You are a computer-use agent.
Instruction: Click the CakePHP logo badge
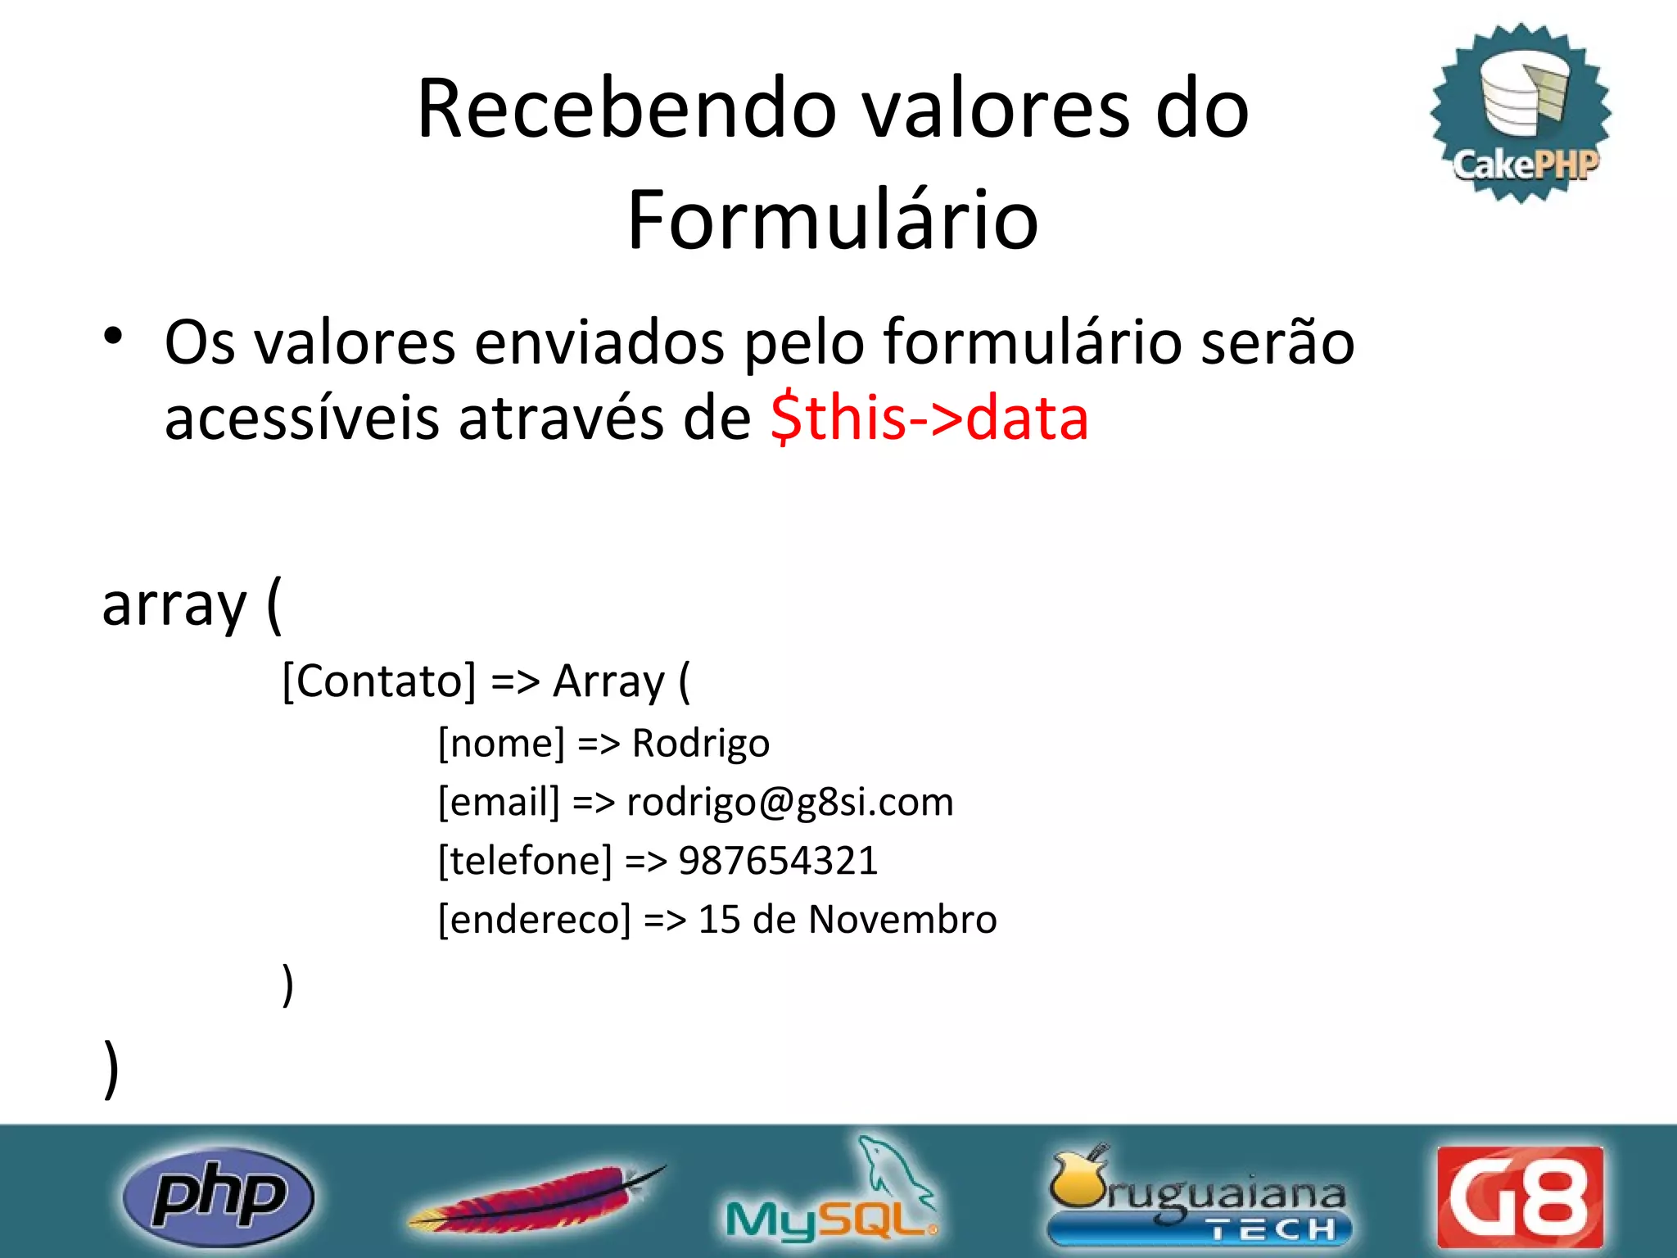(1521, 112)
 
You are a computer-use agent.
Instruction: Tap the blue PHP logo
(218, 1196)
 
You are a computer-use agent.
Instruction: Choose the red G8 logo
(1520, 1197)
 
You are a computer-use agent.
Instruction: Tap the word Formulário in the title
(833, 220)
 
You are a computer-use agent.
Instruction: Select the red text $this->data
(929, 418)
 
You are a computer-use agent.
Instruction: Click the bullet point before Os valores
(113, 336)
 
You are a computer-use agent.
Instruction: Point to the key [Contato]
(378, 681)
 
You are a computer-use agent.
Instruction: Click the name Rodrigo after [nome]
(701, 744)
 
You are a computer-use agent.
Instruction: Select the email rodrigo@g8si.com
(790, 802)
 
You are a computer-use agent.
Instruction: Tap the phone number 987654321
(778, 861)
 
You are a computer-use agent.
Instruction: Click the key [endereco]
(535, 920)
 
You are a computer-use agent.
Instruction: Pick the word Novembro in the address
(902, 919)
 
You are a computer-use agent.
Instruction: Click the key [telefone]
(525, 861)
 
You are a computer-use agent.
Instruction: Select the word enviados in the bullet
(599, 342)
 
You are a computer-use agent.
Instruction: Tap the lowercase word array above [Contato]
(174, 606)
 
